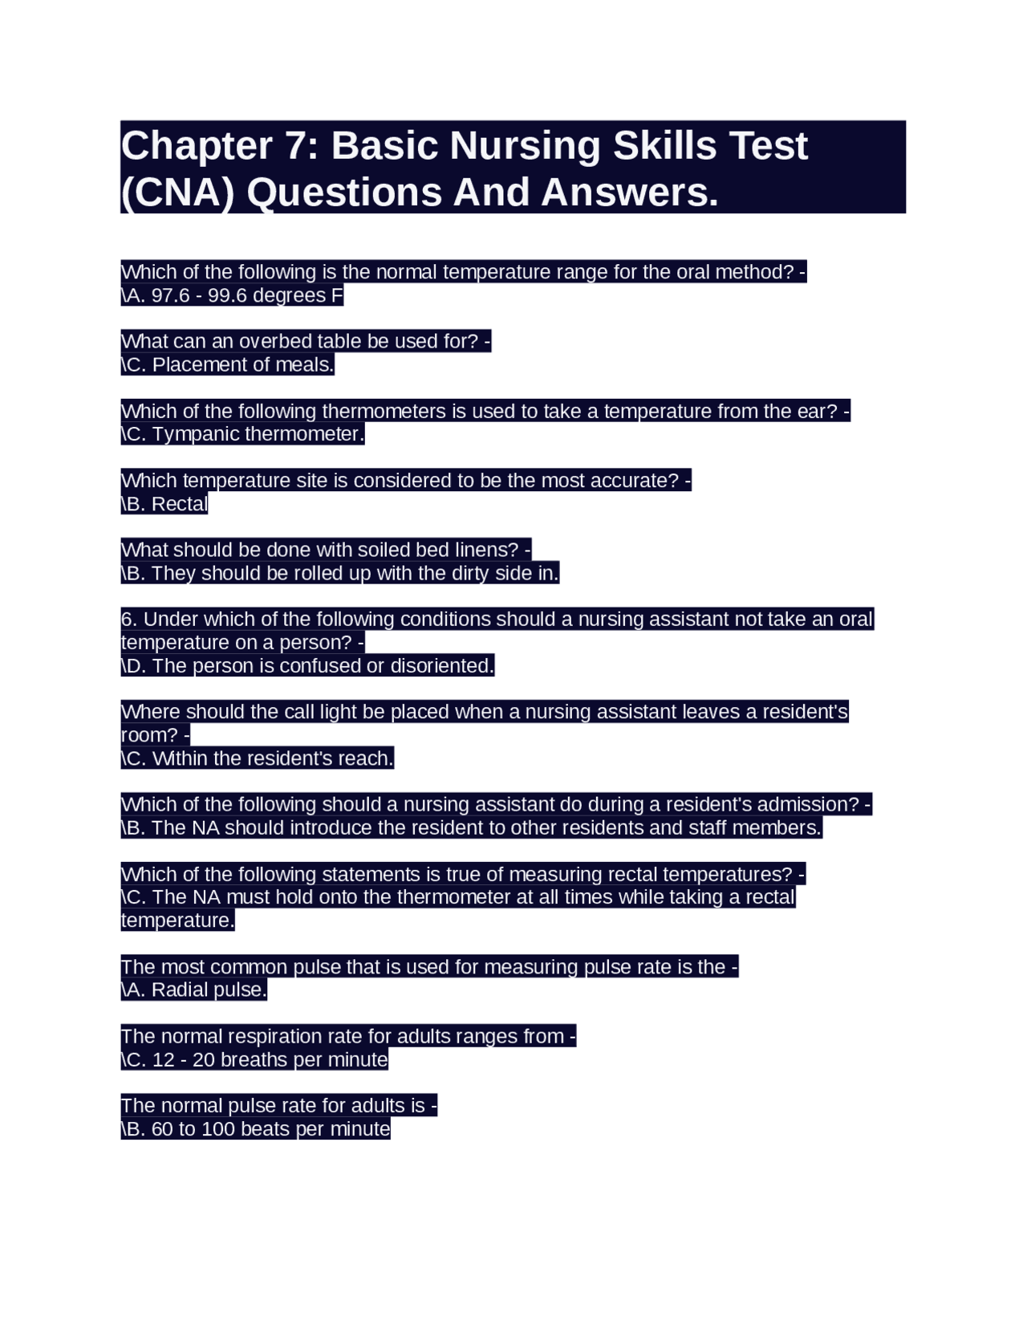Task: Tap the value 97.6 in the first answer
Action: click(170, 296)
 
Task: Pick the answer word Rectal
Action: click(180, 505)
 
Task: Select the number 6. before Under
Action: click(129, 620)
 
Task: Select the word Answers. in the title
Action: click(630, 193)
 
